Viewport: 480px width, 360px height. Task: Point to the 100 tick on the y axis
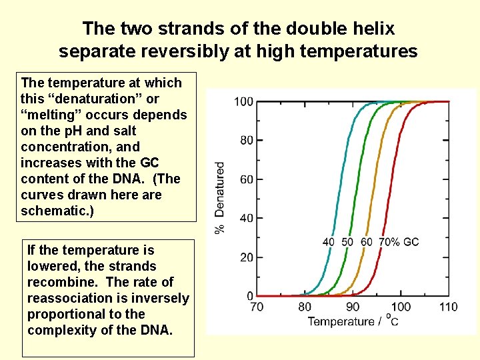244,101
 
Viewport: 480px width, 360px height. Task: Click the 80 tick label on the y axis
247,141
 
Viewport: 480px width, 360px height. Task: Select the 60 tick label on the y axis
247,179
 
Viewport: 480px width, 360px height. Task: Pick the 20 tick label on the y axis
247,257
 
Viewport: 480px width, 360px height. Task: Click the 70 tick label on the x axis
257,307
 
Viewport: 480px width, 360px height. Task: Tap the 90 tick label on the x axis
353,307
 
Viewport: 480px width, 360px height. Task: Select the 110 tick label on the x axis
448,307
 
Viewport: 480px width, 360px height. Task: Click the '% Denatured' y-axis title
219,197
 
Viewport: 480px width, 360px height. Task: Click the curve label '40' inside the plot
329,242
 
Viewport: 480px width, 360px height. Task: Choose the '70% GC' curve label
399,242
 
